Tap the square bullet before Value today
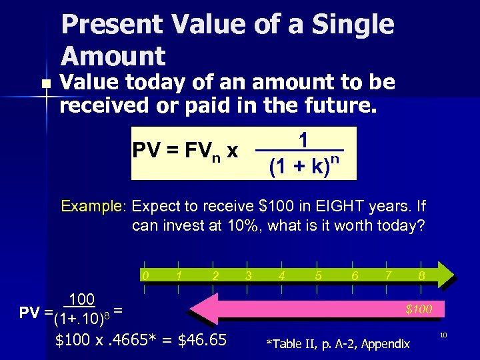click(x=45, y=84)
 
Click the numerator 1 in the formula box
click(x=303, y=141)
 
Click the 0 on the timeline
click(x=145, y=275)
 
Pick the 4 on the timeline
click(x=283, y=275)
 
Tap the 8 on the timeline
click(x=421, y=275)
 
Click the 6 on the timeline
click(x=355, y=275)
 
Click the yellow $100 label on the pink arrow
click(x=419, y=309)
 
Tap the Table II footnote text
click(x=338, y=344)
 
